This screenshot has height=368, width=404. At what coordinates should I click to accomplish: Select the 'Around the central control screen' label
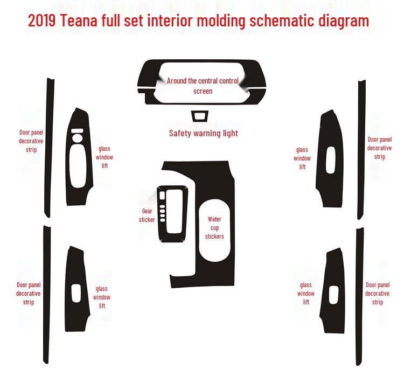click(203, 86)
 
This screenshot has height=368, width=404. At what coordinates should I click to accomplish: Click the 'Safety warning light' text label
click(203, 133)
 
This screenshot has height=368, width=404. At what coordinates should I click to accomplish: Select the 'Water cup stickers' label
click(214, 227)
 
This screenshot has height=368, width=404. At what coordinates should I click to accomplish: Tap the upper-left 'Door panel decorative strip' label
click(31, 141)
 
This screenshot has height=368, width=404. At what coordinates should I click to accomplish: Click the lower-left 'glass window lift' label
click(102, 297)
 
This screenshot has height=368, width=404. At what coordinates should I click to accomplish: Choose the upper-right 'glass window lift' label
click(302, 158)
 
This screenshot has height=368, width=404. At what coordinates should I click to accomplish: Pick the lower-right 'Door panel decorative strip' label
click(377, 294)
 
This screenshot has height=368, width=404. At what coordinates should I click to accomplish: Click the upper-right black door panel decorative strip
click(360, 151)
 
